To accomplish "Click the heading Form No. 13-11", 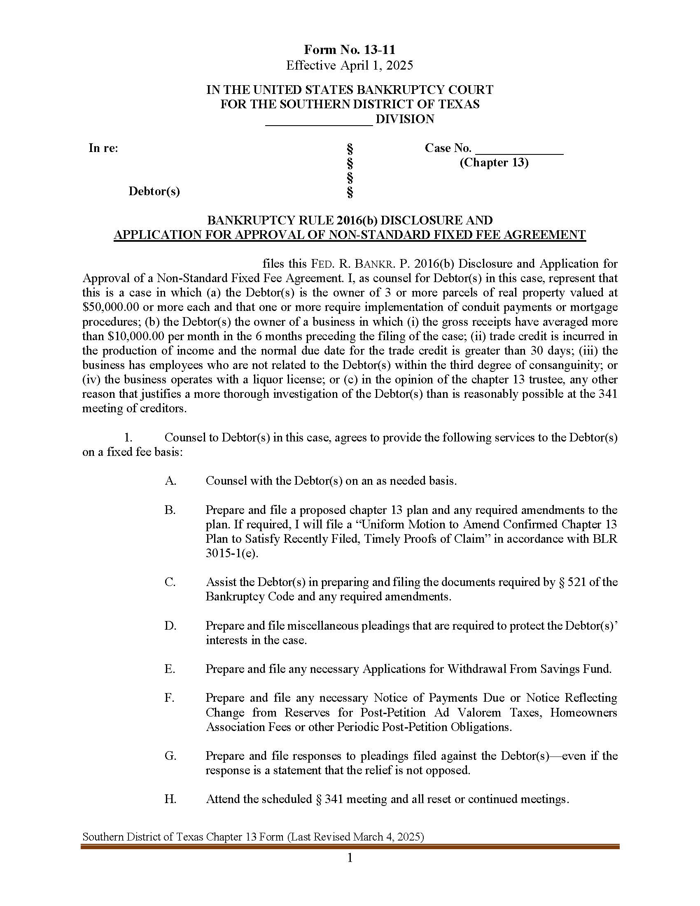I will [x=350, y=50].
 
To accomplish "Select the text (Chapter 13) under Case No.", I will [x=493, y=163].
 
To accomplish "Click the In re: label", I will [x=103, y=148].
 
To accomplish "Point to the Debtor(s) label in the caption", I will [x=154, y=191].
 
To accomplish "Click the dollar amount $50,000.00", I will [x=110, y=307].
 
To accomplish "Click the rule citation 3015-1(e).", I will [x=231, y=554].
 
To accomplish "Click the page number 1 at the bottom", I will [x=350, y=858].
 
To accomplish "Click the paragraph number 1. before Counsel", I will [x=128, y=438].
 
